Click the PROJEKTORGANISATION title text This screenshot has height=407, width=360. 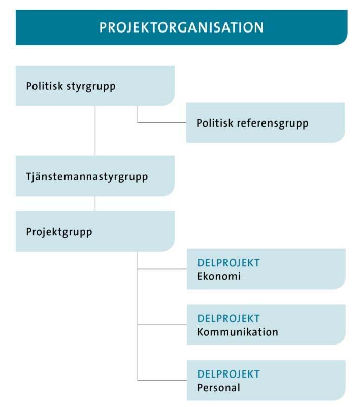(x=182, y=27)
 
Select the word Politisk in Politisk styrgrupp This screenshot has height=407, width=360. (x=44, y=86)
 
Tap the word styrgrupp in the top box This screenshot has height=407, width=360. (x=91, y=87)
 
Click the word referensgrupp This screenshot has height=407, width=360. (x=273, y=123)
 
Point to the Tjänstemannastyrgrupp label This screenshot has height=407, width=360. (x=87, y=177)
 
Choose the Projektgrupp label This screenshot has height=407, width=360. (x=59, y=232)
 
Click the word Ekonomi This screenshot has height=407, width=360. (x=219, y=276)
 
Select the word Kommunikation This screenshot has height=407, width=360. (x=238, y=332)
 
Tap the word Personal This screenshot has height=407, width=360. (x=218, y=388)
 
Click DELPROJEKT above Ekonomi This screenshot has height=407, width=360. (x=228, y=263)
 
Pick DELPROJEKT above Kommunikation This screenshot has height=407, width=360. (x=228, y=318)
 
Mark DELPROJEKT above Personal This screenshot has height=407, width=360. (x=228, y=374)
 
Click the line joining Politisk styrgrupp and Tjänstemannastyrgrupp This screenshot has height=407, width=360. (x=95, y=131)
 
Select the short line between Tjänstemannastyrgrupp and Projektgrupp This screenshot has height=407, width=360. (x=95, y=203)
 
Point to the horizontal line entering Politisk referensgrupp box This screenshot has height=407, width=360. (x=162, y=122)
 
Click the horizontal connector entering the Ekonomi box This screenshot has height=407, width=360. (x=162, y=269)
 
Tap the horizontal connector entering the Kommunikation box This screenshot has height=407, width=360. (x=162, y=325)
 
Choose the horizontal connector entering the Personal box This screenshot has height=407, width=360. (x=162, y=380)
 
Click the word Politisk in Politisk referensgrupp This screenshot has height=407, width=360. (x=215, y=123)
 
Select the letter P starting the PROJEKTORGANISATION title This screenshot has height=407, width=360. (x=103, y=27)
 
